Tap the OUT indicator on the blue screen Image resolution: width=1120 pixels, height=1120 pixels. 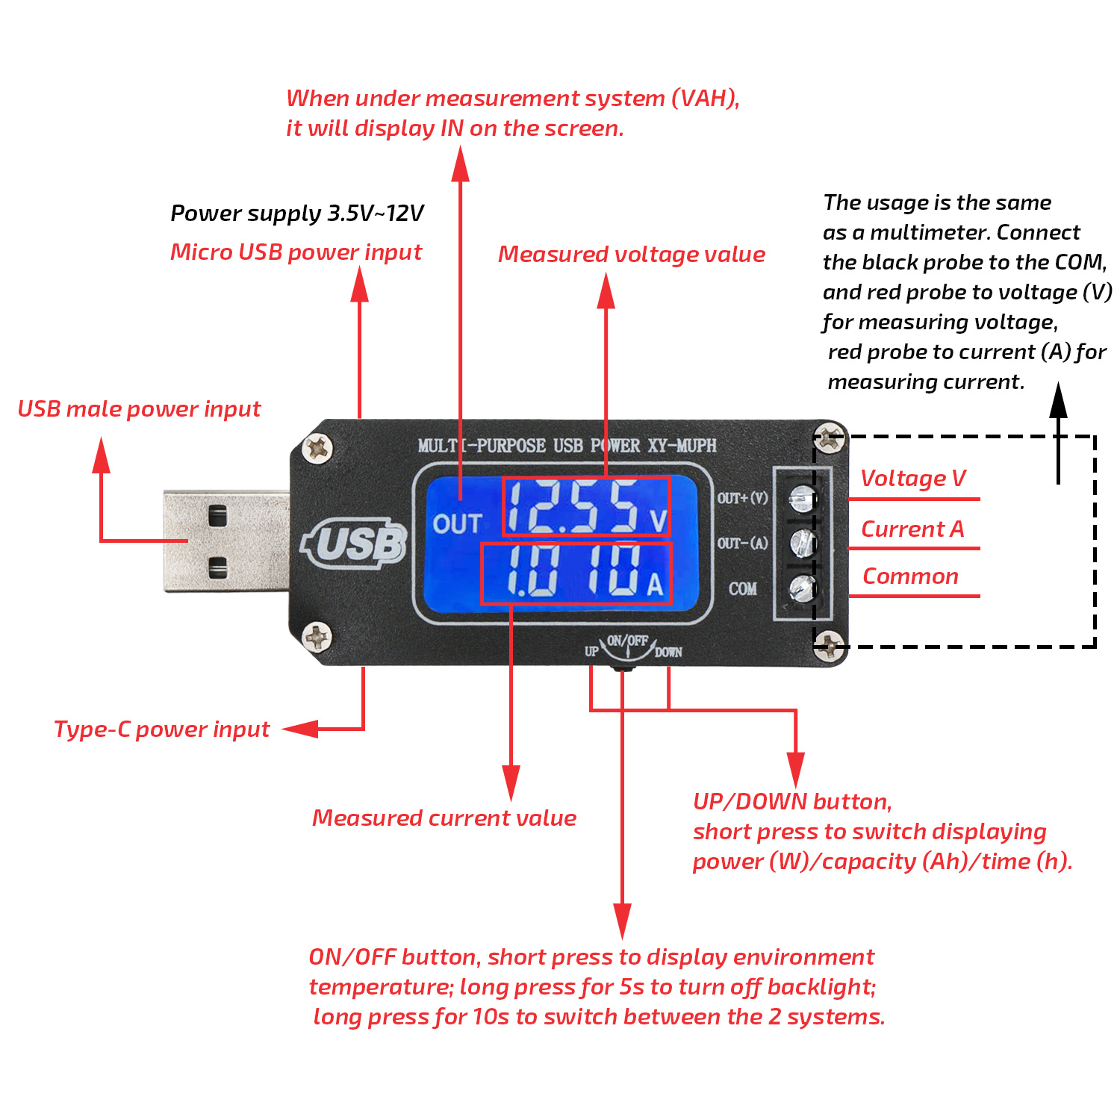pyautogui.click(x=457, y=523)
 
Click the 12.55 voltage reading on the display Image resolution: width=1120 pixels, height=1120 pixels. pyautogui.click(x=573, y=507)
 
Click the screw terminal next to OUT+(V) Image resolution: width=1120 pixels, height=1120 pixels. pyautogui.click(x=802, y=497)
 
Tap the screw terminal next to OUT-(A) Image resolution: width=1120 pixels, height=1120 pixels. pyautogui.click(x=802, y=543)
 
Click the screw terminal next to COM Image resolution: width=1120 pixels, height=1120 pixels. pyautogui.click(x=802, y=588)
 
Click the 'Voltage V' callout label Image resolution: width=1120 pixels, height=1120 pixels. pyautogui.click(x=912, y=479)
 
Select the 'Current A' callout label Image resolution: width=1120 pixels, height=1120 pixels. pyautogui.click(x=912, y=529)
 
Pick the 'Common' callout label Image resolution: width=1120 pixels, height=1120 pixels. pyautogui.click(x=910, y=576)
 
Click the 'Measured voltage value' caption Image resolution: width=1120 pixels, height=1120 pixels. pyautogui.click(x=632, y=255)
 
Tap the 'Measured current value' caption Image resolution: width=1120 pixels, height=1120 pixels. pyautogui.click(x=444, y=818)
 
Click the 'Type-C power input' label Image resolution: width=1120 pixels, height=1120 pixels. pyautogui.click(x=161, y=729)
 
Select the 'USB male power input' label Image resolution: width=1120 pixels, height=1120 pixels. pyautogui.click(x=139, y=409)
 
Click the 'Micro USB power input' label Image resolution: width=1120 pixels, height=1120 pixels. pyautogui.click(x=296, y=252)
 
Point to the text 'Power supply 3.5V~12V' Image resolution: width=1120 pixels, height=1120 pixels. pyautogui.click(x=297, y=214)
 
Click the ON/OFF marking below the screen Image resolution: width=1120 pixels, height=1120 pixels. pyautogui.click(x=627, y=641)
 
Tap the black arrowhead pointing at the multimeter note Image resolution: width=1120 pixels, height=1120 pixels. pyautogui.click(x=1058, y=400)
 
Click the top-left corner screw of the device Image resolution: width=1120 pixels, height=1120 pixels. pyautogui.click(x=317, y=448)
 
